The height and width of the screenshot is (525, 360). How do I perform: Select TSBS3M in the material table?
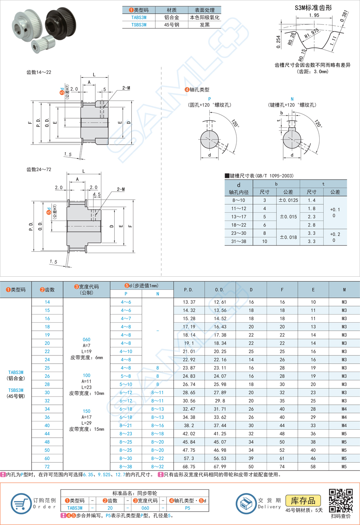tap(139, 25)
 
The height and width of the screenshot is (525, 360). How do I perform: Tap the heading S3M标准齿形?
tap(313, 8)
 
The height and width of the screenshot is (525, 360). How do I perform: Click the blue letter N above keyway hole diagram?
tap(292, 99)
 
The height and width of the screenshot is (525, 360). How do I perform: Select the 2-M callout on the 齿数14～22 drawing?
tap(126, 88)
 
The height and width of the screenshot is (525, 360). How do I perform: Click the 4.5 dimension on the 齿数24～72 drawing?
tap(97, 195)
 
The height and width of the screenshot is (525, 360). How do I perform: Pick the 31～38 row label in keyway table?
tap(239, 241)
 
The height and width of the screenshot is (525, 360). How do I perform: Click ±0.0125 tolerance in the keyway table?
tap(288, 200)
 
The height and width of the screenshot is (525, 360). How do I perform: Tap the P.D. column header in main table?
tap(189, 290)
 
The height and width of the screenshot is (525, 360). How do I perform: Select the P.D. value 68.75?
tap(189, 466)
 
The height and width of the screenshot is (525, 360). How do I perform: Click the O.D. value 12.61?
tap(220, 302)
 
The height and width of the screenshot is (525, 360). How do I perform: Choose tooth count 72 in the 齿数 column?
tap(47, 466)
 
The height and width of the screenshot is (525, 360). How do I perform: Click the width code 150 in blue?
tap(86, 411)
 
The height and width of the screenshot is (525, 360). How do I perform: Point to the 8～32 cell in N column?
tap(157, 466)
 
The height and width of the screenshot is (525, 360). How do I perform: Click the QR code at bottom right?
tap(341, 500)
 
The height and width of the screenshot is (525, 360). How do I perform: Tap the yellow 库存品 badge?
tap(303, 500)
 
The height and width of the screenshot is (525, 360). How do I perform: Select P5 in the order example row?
tap(188, 508)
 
